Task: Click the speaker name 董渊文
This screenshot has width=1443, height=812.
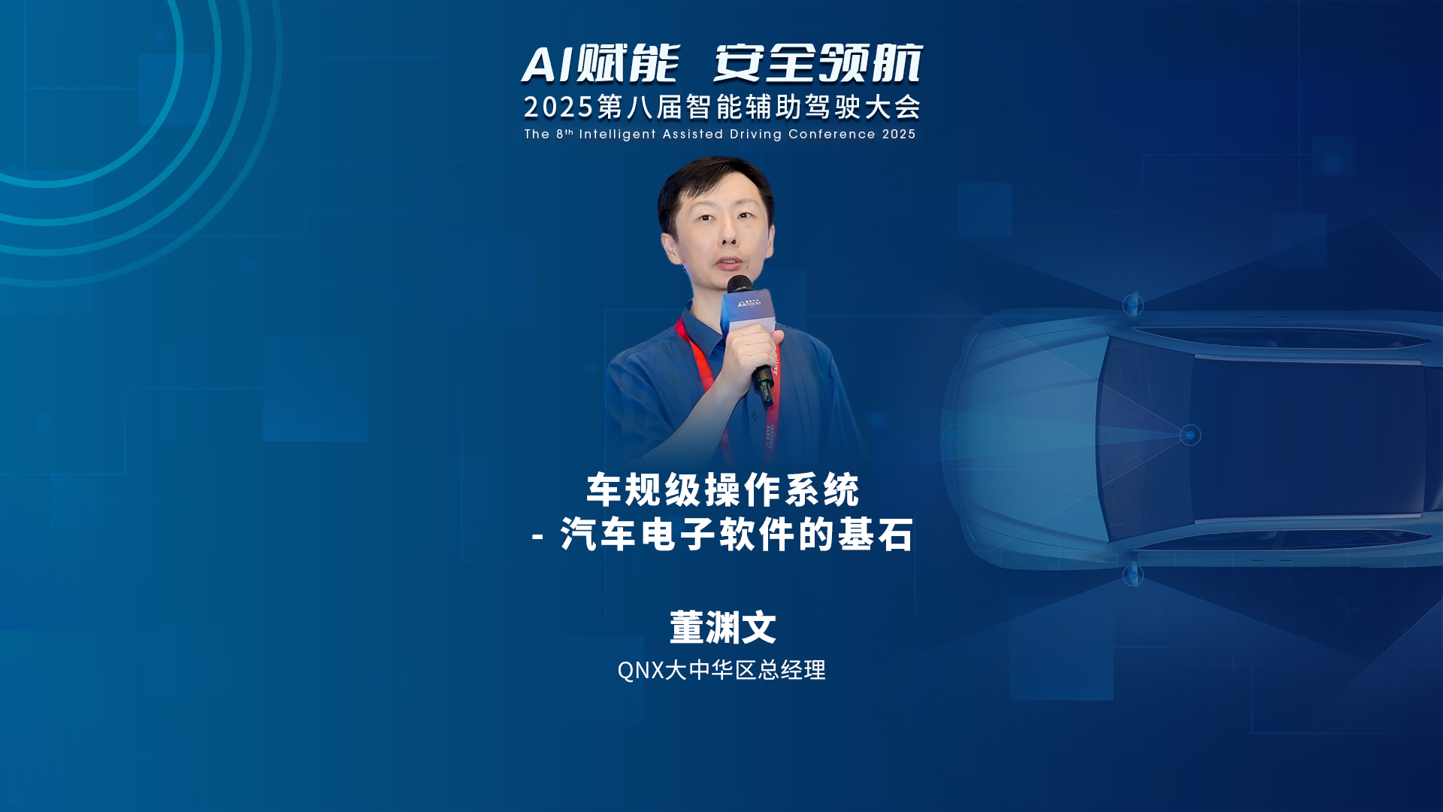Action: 722,627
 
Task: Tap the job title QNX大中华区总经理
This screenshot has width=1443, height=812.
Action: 721,670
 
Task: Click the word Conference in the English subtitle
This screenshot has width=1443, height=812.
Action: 832,134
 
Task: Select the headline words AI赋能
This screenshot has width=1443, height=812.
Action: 600,63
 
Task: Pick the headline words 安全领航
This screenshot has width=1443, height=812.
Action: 818,63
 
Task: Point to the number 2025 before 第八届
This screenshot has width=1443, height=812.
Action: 559,108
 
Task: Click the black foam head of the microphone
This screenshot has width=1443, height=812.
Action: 740,285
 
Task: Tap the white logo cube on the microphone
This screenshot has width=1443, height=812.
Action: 748,310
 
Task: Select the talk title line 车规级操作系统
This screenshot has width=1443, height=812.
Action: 722,490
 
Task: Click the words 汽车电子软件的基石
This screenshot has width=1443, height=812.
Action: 737,535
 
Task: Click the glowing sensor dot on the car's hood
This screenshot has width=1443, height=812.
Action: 1190,435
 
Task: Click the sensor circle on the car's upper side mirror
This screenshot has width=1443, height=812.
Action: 1133,304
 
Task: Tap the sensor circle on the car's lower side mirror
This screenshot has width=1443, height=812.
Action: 1133,576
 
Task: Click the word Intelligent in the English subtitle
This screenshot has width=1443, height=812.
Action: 617,134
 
